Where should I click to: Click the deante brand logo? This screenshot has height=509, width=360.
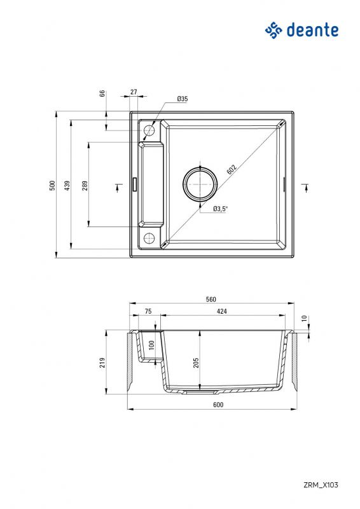pyautogui.click(x=301, y=30)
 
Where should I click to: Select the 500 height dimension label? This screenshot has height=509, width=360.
pyautogui.click(x=52, y=185)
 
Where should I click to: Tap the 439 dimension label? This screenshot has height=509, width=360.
pyautogui.click(x=67, y=185)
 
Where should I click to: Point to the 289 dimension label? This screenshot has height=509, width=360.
pyautogui.click(x=85, y=185)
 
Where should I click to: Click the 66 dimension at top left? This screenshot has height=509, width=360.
pyautogui.click(x=102, y=93)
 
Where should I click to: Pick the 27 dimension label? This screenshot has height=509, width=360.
pyautogui.click(x=134, y=92)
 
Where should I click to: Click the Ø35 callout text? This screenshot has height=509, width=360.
pyautogui.click(x=182, y=99)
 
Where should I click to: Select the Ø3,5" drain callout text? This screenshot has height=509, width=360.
pyautogui.click(x=221, y=209)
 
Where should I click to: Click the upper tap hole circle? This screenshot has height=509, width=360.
pyautogui.click(x=149, y=130)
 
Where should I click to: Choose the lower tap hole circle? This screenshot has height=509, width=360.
pyautogui.click(x=149, y=239)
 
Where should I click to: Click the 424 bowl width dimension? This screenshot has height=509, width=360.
pyautogui.click(x=221, y=311)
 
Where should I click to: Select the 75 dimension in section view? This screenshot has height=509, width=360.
pyautogui.click(x=148, y=311)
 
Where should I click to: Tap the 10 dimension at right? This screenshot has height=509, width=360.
pyautogui.click(x=304, y=318)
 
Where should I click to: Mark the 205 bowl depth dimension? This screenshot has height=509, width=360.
pyautogui.click(x=196, y=362)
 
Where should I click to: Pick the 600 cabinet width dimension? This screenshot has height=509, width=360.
pyautogui.click(x=211, y=405)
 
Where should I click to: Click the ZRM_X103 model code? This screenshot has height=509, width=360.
pyautogui.click(x=321, y=485)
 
